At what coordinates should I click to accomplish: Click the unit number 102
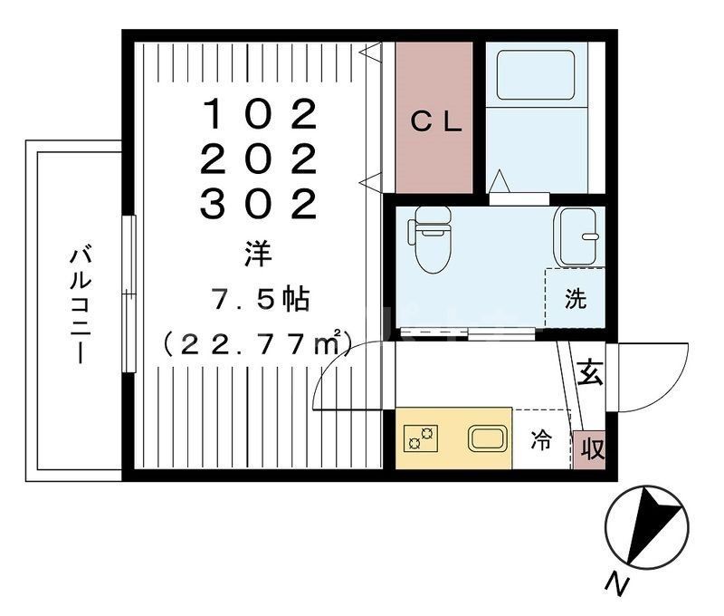pos(259,115)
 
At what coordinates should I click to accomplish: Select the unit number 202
pos(259,160)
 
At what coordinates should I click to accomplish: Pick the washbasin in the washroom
pos(576,234)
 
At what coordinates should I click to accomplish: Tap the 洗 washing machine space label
pos(576,300)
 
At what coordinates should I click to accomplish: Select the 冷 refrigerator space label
pos(540,441)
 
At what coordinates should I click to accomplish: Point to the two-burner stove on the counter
pos(420,438)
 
